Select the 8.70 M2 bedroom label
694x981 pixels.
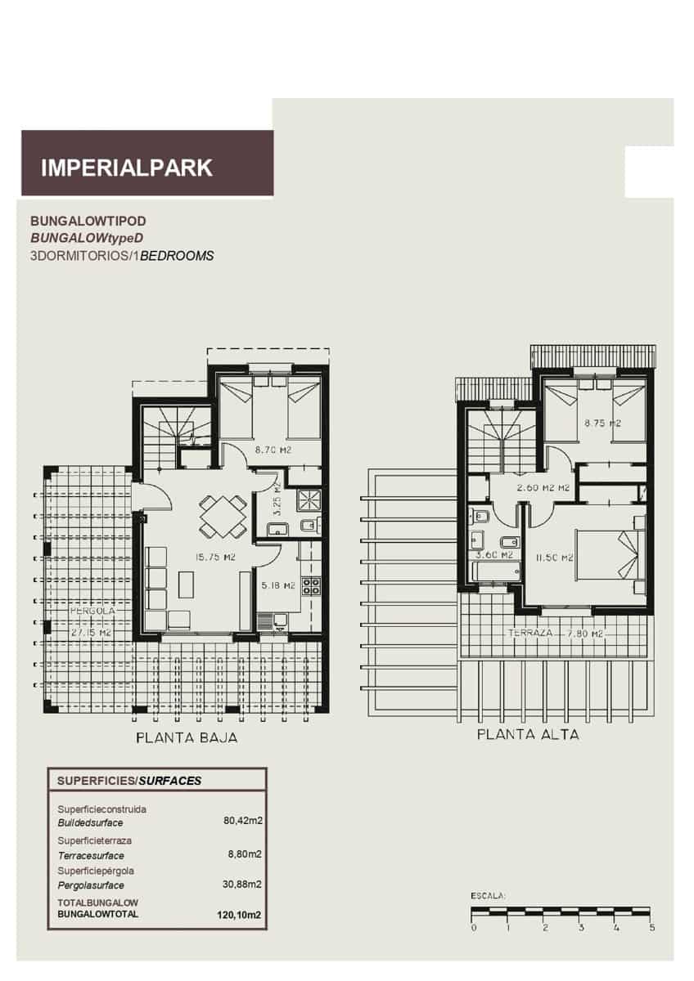(x=273, y=450)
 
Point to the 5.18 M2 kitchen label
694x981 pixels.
(x=277, y=585)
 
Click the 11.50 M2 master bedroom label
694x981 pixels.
(x=554, y=558)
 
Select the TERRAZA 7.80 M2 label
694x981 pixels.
(x=555, y=634)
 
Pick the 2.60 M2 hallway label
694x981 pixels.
(x=542, y=489)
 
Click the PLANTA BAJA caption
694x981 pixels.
(x=187, y=738)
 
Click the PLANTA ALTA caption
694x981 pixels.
(x=528, y=735)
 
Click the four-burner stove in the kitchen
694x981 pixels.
(x=311, y=585)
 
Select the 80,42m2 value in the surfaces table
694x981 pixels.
(x=242, y=820)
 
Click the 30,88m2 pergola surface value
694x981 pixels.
(x=242, y=885)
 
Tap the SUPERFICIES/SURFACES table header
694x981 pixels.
(x=129, y=781)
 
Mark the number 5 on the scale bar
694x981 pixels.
(x=651, y=928)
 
